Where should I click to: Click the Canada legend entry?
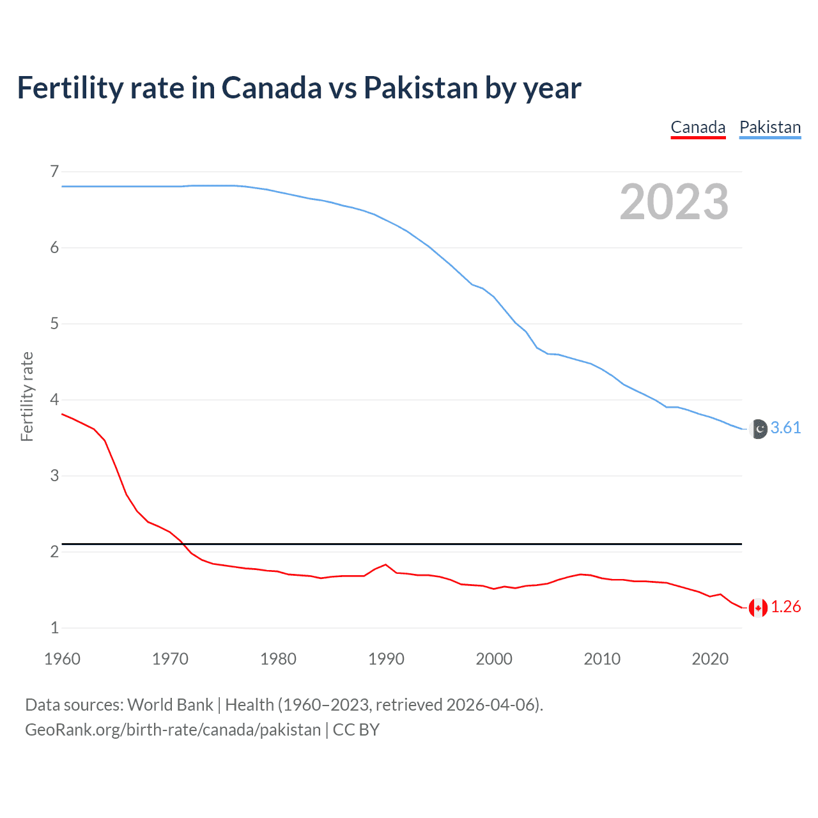tap(698, 127)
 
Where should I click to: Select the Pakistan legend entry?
tap(770, 127)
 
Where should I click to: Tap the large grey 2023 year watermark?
tap(674, 202)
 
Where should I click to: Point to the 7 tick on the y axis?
tap(54, 171)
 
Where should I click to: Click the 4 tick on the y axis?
tap(54, 399)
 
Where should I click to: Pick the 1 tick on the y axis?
tap(54, 628)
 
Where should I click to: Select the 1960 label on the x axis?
tap(62, 659)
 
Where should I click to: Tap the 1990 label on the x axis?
tap(386, 659)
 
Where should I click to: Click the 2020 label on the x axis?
tap(710, 659)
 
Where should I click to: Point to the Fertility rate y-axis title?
tap(27, 396)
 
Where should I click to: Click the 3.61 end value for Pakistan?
tap(785, 428)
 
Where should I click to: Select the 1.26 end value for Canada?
tap(785, 607)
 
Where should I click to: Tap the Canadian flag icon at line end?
tap(758, 608)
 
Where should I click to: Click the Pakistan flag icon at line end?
tap(758, 429)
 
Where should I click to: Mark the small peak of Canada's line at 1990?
tap(385, 565)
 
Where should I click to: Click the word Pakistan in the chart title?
tap(421, 88)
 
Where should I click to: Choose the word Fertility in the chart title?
tap(69, 88)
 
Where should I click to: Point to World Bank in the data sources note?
tap(170, 705)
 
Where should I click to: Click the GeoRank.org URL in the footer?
tap(173, 730)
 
